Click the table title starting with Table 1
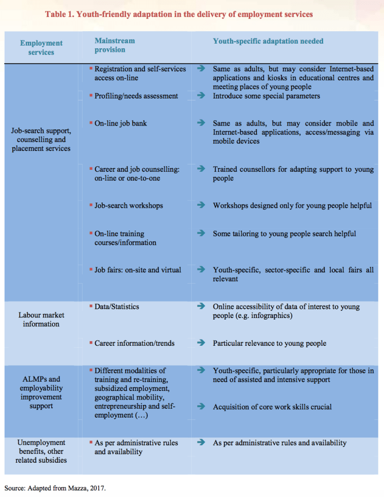179,14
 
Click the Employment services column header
41,48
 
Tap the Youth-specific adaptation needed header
268,41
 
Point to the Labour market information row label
41,320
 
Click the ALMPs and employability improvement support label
41,392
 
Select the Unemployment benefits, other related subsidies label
41,451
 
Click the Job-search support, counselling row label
41,140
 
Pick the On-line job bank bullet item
120,124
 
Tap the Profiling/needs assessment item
136,96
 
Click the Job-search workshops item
128,206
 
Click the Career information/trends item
134,343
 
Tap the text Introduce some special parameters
266,96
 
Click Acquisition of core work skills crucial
272,407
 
